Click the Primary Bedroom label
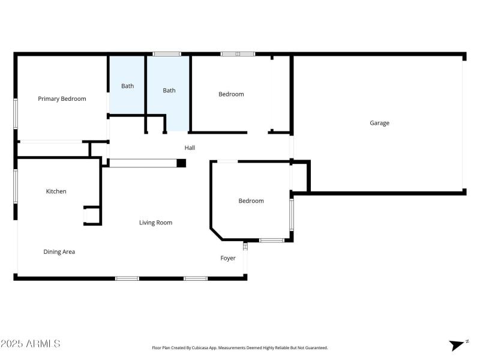pyautogui.click(x=62, y=99)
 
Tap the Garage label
pyautogui.click(x=379, y=123)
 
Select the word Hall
pyautogui.click(x=190, y=148)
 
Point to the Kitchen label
pyautogui.click(x=56, y=191)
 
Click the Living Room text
pyautogui.click(x=155, y=223)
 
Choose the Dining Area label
pyautogui.click(x=59, y=252)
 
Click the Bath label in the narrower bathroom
pyautogui.click(x=128, y=86)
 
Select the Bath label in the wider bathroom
pyautogui.click(x=169, y=91)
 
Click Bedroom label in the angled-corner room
pyautogui.click(x=251, y=201)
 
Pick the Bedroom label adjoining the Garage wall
pyautogui.click(x=231, y=94)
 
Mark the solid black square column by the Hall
pyautogui.click(x=181, y=163)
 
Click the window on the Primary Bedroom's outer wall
pyautogui.click(x=16, y=113)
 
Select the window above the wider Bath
pyautogui.click(x=167, y=54)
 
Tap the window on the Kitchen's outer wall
pyautogui.click(x=16, y=186)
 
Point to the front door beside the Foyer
pyautogui.click(x=245, y=246)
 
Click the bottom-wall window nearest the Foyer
pyautogui.click(x=196, y=278)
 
